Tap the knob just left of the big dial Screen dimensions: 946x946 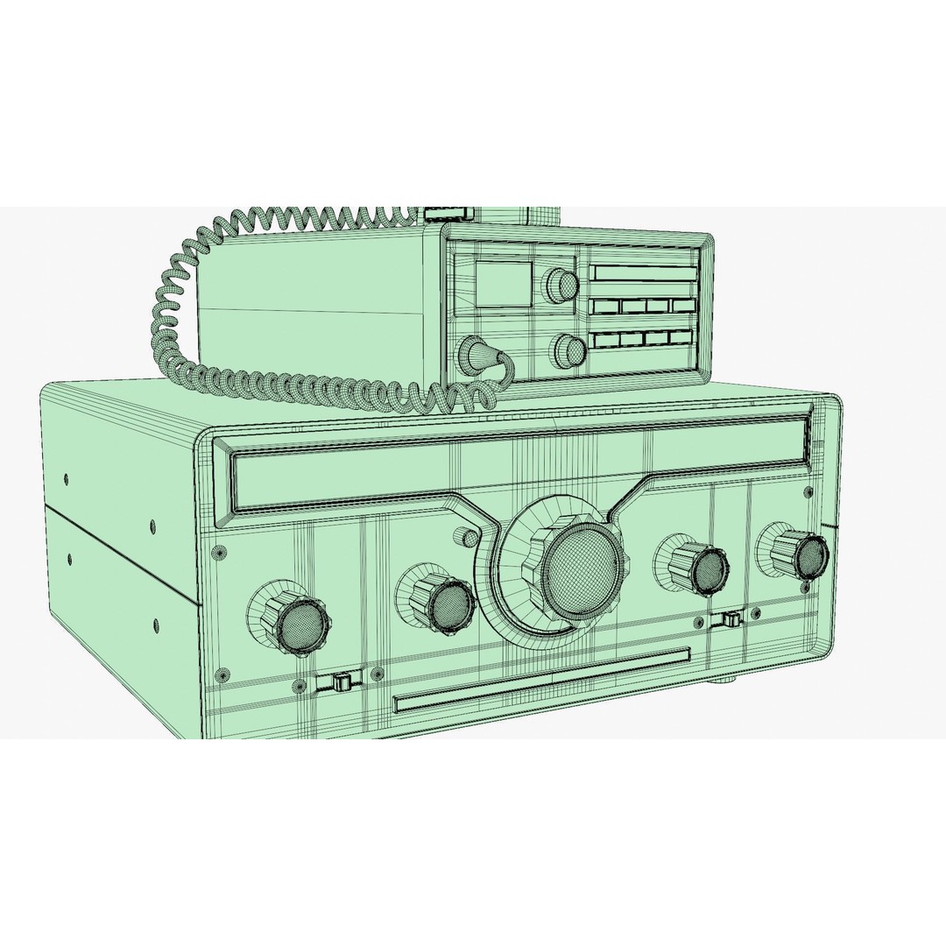coord(447,603)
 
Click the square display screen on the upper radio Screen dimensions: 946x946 coord(503,282)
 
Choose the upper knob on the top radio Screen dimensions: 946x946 coord(562,285)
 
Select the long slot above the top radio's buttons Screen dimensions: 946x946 coord(646,272)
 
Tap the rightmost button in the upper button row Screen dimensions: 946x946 coord(683,306)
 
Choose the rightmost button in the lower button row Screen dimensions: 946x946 coord(681,337)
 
